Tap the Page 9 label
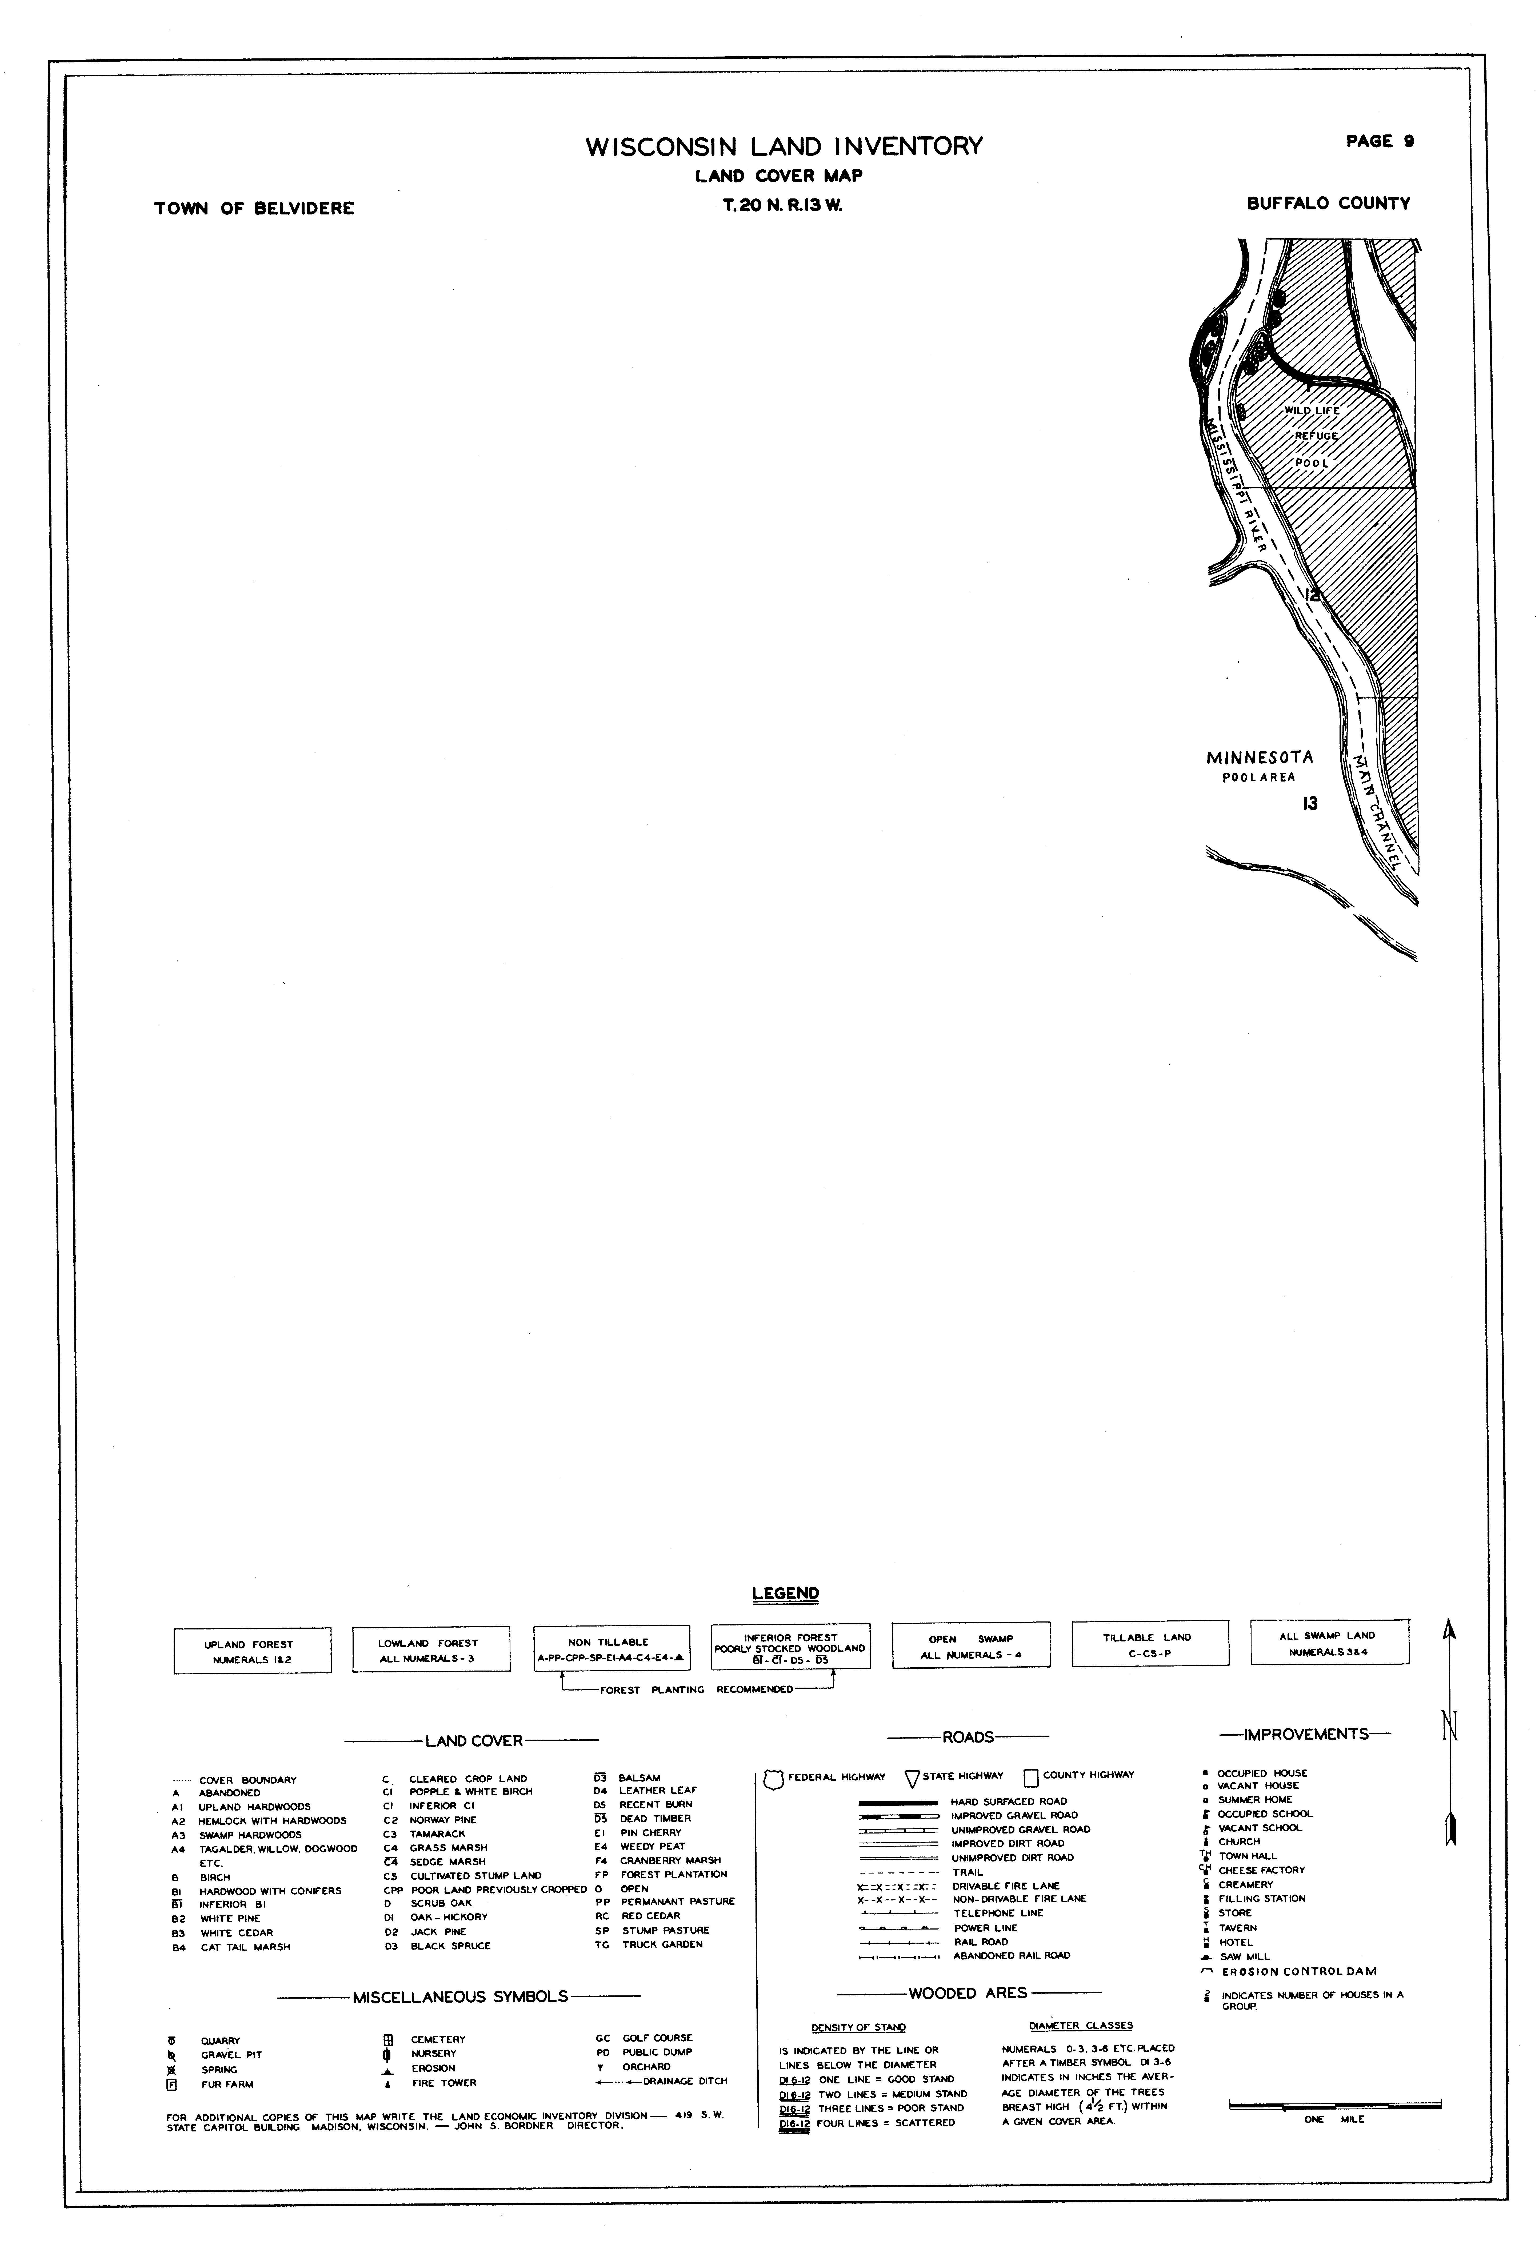click(1380, 141)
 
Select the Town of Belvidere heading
click(254, 209)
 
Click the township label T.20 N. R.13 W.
click(783, 205)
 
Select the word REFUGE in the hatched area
click(1316, 436)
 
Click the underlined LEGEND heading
click(785, 1593)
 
